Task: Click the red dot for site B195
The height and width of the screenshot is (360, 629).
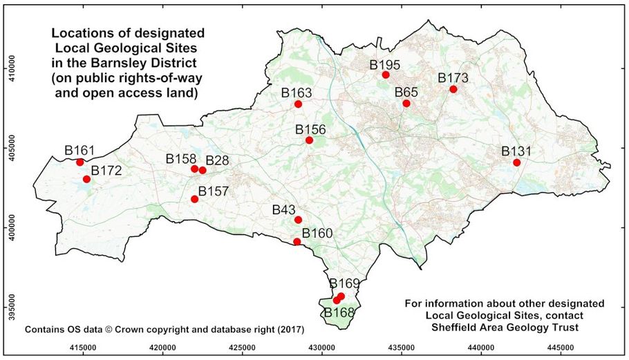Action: click(386, 75)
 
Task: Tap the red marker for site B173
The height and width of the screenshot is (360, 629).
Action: click(453, 89)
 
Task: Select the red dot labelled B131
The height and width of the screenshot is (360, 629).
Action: click(516, 162)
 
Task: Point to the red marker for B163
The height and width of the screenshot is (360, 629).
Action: click(298, 104)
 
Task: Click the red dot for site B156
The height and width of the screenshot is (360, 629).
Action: click(309, 140)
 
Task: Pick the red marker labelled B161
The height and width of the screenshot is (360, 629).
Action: click(80, 162)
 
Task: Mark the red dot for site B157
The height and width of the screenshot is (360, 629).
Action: click(195, 199)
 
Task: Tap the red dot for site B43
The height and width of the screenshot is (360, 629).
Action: click(298, 220)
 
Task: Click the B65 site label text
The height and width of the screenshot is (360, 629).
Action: click(406, 93)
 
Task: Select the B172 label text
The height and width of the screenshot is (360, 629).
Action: click(106, 170)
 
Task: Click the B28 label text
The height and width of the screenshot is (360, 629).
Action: click(217, 160)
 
